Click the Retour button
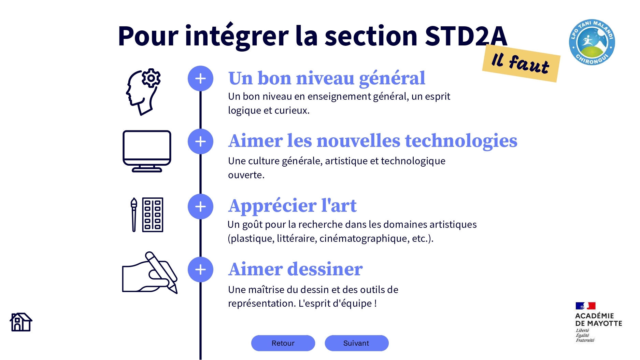pos(283,343)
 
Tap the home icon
pos(21,322)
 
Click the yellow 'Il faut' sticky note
pos(521,63)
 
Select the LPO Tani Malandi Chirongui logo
pos(592,42)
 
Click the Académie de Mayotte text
pos(598,319)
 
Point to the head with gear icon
pos(143,92)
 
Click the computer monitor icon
pos(147,151)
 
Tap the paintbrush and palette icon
pos(147,215)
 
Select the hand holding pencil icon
pos(150,272)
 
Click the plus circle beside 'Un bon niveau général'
pos(200,79)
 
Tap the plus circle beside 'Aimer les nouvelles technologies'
pos(200,141)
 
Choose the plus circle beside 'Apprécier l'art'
pos(200,207)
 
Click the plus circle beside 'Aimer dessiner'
pos(200,269)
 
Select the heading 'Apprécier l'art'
pos(292,206)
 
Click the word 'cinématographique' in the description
pos(364,238)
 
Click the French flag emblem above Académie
pos(585,306)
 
